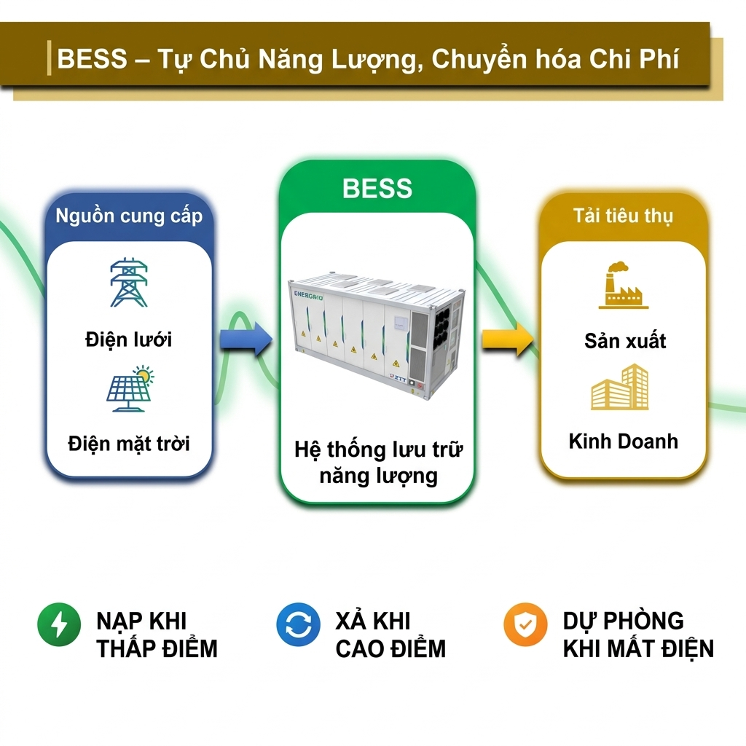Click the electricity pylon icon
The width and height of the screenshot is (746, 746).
pos(128,283)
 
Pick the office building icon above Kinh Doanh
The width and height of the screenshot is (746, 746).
pos(620,388)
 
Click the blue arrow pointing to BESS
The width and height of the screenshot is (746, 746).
pos(246,340)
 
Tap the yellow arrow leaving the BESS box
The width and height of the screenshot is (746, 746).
pos(507,340)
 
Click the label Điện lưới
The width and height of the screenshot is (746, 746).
pos(128,339)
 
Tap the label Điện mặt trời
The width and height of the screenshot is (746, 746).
pos(129,443)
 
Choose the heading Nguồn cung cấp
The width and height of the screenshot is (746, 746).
pos(129,216)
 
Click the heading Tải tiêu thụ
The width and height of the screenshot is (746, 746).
pos(623,216)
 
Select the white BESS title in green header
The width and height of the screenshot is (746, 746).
pos(377,189)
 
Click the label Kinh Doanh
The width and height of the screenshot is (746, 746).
pos(623,441)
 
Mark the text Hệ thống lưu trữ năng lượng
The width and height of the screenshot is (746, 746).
pos(378,463)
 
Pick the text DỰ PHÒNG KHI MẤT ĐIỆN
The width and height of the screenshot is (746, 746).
pos(638,635)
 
